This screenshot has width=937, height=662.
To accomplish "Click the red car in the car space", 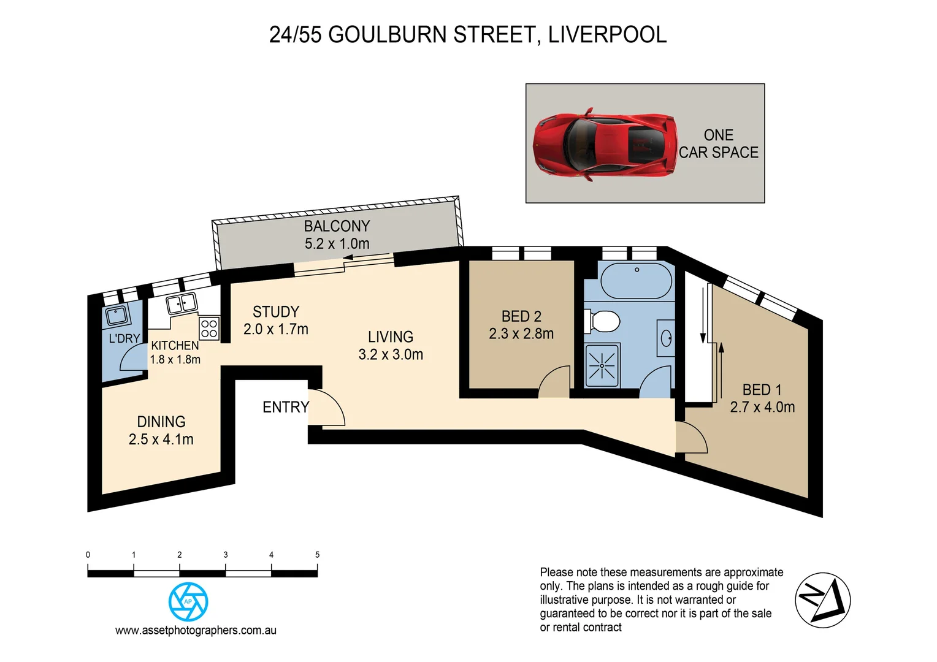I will point(605,145).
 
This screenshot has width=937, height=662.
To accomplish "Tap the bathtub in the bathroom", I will point(636,281).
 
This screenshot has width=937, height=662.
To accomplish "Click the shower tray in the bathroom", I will point(602,366).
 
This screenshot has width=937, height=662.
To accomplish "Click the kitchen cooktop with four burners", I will point(209,329).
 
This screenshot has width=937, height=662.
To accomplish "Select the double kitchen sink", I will point(181,303).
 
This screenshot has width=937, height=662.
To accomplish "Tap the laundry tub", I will point(116,316).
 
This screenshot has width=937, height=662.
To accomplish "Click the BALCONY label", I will point(337,226).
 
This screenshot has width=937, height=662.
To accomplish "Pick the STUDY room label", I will point(276,312).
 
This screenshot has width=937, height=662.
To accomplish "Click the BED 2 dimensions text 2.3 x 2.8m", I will point(521,334).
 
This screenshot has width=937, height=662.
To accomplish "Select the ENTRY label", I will point(286,407).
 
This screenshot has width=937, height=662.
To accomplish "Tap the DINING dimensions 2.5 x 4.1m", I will point(161,439).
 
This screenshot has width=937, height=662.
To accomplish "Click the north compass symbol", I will point(822,600).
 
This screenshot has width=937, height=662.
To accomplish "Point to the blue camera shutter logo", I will point(188,602).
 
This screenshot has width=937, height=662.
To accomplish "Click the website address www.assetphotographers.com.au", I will point(196,630).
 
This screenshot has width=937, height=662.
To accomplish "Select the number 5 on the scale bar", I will point(317,555).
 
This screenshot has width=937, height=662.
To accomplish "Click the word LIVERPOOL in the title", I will point(607,35).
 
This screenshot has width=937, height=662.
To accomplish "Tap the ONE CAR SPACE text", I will point(718,144).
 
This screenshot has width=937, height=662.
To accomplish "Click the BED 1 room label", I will point(762,390).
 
